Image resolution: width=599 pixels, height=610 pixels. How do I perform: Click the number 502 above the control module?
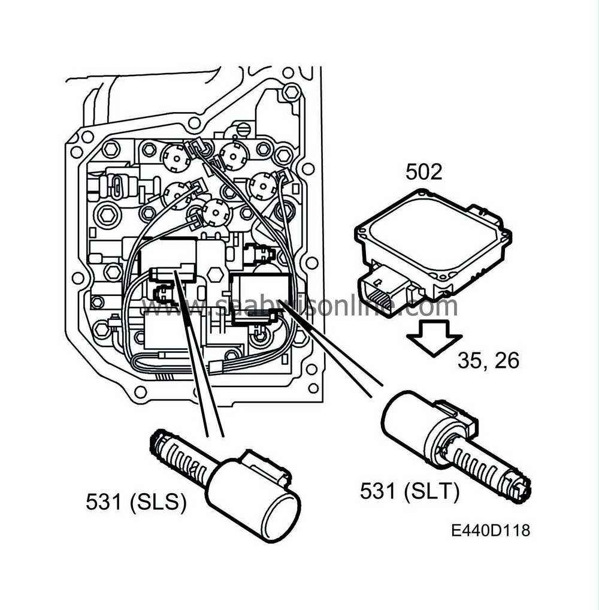tap(423, 172)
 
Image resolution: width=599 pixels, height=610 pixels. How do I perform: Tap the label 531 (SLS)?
tap(136, 503)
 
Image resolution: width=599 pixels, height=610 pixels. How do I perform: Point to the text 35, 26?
tap(488, 361)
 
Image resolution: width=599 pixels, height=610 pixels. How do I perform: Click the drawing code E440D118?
tap(491, 531)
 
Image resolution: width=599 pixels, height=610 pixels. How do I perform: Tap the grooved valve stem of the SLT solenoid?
tap(488, 470)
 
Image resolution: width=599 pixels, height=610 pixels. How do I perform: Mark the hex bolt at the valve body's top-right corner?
tap(291, 92)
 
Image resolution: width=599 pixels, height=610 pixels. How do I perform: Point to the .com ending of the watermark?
tap(428, 307)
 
